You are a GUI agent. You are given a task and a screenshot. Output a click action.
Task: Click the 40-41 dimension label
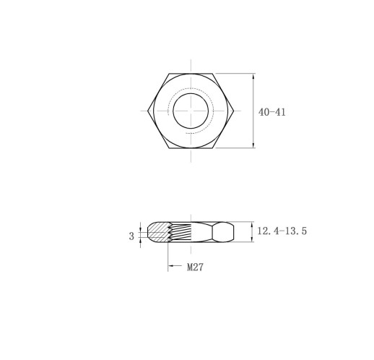point(272,112)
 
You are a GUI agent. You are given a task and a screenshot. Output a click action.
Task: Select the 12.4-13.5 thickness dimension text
point(282,231)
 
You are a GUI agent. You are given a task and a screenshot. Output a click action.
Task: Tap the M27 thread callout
point(195,267)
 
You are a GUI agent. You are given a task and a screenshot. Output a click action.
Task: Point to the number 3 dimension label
point(131,236)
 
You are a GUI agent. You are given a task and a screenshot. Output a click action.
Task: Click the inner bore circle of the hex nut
point(191,93)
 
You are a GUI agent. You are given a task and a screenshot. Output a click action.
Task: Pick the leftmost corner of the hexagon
point(147,111)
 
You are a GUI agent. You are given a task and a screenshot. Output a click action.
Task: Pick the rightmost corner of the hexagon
point(234,111)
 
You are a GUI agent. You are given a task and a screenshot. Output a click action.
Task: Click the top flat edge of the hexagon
point(191,74)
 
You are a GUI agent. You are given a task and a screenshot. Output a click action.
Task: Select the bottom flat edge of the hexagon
point(191,148)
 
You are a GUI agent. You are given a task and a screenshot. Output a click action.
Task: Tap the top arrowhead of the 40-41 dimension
point(253,76)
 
